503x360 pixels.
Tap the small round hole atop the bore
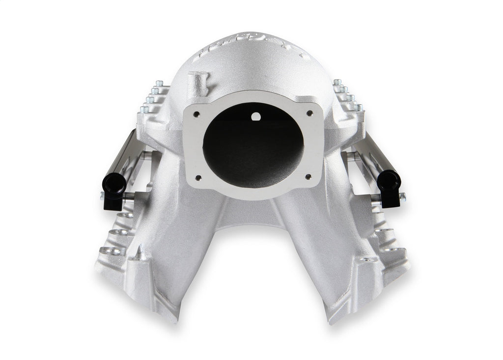pyautogui.click(x=255, y=117)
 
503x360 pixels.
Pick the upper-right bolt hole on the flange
pyautogui.click(x=309, y=113)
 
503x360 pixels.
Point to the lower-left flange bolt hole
pyautogui.click(x=198, y=178)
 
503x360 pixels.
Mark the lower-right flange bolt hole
pyautogui.click(x=308, y=176)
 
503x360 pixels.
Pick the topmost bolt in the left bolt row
pyautogui.click(x=159, y=83)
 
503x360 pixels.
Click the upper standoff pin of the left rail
pyautogui.click(x=146, y=156)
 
